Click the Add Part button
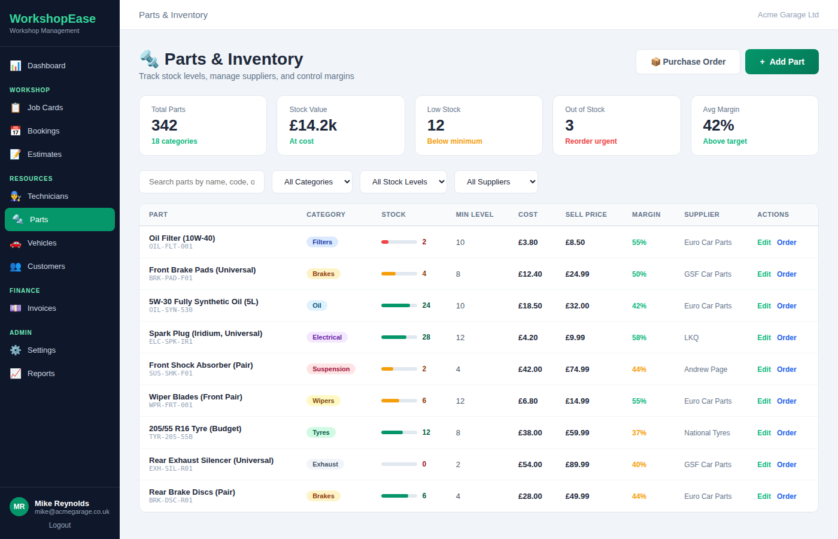[x=781, y=62]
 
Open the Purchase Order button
[x=688, y=62]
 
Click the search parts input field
[x=202, y=182]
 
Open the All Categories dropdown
[x=312, y=182]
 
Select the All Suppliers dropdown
[x=496, y=182]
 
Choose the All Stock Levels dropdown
[x=403, y=182]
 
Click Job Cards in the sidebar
[x=45, y=108]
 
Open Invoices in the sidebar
[x=41, y=308]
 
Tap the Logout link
[x=60, y=525]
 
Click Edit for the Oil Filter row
[x=764, y=243]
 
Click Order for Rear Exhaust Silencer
[x=787, y=465]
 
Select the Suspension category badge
[x=331, y=370]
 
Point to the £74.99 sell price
[x=577, y=370]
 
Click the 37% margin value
[x=639, y=433]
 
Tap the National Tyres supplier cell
[x=707, y=433]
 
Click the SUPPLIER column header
[x=702, y=214]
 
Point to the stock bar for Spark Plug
[x=399, y=337]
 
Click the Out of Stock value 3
[x=569, y=126]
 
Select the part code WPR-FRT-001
[x=171, y=405]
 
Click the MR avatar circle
[x=19, y=507]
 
